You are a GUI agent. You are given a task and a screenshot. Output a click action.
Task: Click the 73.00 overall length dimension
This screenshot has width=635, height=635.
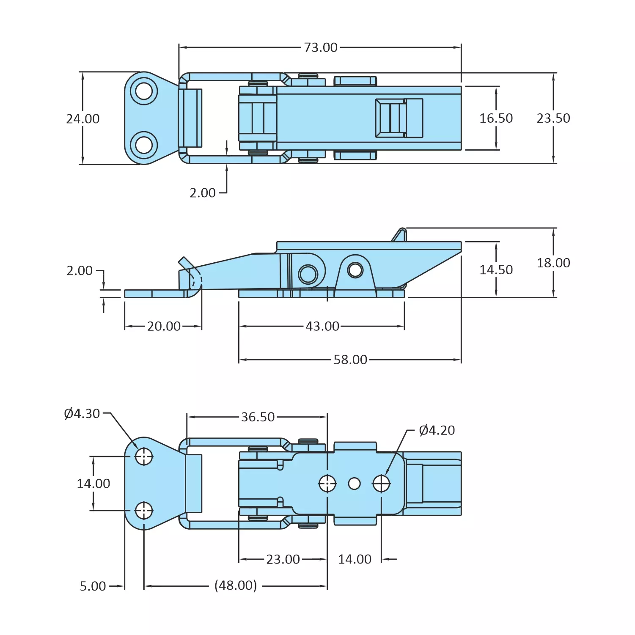tap(321, 47)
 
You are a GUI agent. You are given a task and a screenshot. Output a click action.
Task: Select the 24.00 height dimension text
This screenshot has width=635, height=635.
tap(83, 119)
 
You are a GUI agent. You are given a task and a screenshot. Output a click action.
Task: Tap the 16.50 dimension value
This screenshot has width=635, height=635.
tap(496, 118)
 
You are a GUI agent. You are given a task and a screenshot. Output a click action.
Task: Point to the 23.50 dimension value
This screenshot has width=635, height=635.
tap(553, 118)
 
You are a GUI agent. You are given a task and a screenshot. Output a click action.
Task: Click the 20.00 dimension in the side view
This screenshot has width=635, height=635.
tap(164, 327)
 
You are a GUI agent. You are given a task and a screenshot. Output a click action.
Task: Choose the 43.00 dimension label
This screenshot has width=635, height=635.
tap(322, 327)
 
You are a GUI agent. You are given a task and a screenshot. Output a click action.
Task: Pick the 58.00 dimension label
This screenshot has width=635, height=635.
tap(350, 360)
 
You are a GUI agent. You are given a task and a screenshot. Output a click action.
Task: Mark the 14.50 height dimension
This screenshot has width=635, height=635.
tap(496, 270)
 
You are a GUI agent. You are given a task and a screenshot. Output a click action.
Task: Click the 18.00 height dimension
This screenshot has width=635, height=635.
tap(553, 263)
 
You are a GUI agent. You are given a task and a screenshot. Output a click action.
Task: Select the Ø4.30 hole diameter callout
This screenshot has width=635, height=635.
tap(82, 414)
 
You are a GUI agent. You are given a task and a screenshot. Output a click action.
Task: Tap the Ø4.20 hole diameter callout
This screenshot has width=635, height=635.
tap(437, 431)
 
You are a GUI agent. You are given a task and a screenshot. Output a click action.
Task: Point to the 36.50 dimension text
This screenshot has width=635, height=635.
tap(258, 417)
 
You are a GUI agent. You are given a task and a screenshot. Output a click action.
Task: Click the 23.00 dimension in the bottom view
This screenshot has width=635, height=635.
tap(283, 560)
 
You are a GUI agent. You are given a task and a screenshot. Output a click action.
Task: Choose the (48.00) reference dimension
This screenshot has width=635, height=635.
tap(236, 586)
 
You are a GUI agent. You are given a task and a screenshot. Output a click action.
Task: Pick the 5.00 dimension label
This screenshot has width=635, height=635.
tap(93, 586)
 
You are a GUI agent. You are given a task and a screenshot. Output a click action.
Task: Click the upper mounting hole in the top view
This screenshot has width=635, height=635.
tap(144, 91)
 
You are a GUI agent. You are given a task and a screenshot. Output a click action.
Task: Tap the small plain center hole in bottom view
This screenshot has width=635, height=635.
tap(354, 484)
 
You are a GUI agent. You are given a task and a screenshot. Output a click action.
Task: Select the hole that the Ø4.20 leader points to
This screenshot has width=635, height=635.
tap(381, 484)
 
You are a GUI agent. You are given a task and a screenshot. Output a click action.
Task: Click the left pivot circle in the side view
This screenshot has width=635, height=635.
tap(308, 274)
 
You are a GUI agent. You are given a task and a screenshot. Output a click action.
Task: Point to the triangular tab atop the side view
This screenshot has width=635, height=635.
tap(399, 236)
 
